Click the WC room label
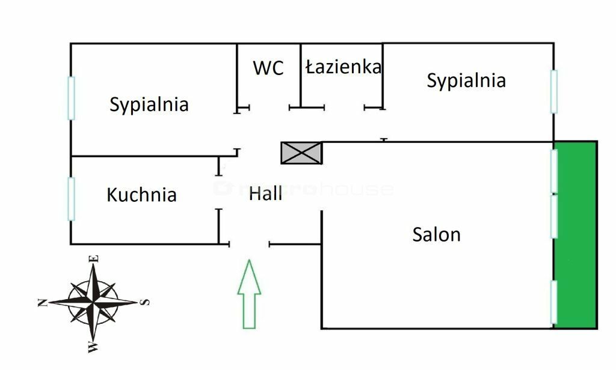tap(268, 68)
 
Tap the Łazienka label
tap(343, 67)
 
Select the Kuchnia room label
tap(141, 195)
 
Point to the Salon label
tap(436, 234)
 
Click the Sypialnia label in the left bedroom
tap(149, 105)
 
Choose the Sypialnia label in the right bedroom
tap(466, 80)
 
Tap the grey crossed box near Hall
tap(301, 153)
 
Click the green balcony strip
tap(576, 234)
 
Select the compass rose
tap(93, 302)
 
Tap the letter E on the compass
tap(94, 258)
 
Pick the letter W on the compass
tap(92, 347)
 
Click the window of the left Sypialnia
tap(71, 98)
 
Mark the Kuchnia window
tap(72, 199)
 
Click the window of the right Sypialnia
tap(553, 91)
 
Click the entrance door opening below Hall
tap(249, 244)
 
